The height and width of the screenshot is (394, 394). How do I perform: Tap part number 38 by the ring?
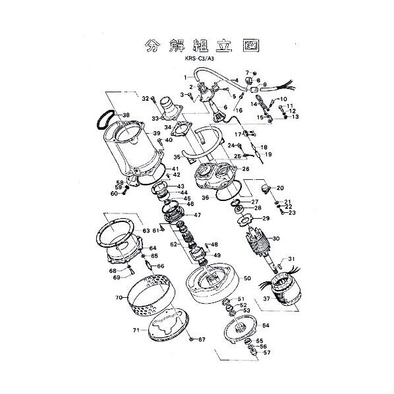[x=126, y=115]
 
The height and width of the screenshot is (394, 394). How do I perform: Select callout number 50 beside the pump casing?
[x=247, y=278]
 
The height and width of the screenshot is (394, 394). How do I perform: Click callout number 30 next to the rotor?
[x=275, y=239]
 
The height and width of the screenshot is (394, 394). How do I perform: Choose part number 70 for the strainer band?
[x=119, y=298]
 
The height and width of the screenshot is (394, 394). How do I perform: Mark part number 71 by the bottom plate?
[x=135, y=331]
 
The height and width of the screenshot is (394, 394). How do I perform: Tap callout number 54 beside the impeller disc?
[x=266, y=325]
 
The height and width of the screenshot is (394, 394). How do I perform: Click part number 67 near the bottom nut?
[x=202, y=340]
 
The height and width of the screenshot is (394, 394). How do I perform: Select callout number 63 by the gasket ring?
[x=146, y=231]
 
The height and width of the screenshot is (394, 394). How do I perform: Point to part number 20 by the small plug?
[x=279, y=188]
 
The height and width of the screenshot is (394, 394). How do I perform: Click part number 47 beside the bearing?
[x=197, y=215]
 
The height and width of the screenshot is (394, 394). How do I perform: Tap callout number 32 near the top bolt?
[x=145, y=99]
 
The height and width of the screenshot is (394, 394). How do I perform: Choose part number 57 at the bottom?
[x=267, y=352]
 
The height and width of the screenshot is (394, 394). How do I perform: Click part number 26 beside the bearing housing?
[x=245, y=168]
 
